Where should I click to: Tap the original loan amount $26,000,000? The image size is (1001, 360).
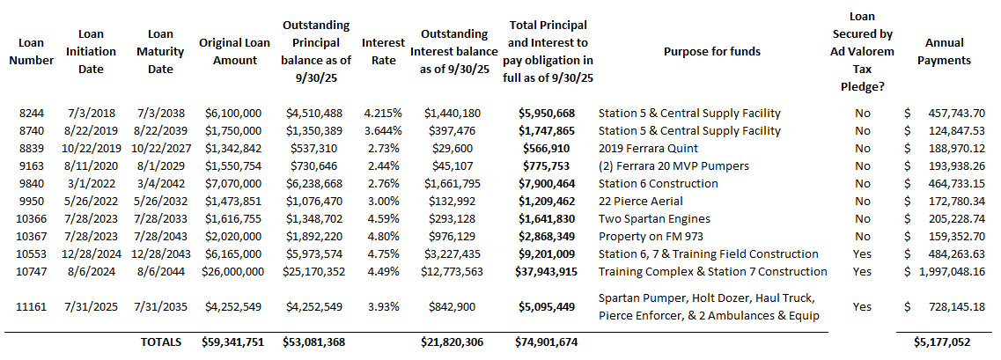tap(233, 271)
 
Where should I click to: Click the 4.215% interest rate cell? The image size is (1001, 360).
tap(383, 113)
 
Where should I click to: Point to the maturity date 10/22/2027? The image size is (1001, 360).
tap(159, 148)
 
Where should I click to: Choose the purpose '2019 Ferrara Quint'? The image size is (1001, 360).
tap(648, 148)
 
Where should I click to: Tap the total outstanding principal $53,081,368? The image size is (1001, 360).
tap(315, 342)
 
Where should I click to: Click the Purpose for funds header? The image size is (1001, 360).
tap(712, 51)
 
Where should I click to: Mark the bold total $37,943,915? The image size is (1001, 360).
tap(548, 271)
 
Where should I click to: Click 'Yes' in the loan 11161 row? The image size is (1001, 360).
tap(863, 306)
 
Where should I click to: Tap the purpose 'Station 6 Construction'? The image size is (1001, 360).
tap(658, 183)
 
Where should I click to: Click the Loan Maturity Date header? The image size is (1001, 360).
tap(159, 51)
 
